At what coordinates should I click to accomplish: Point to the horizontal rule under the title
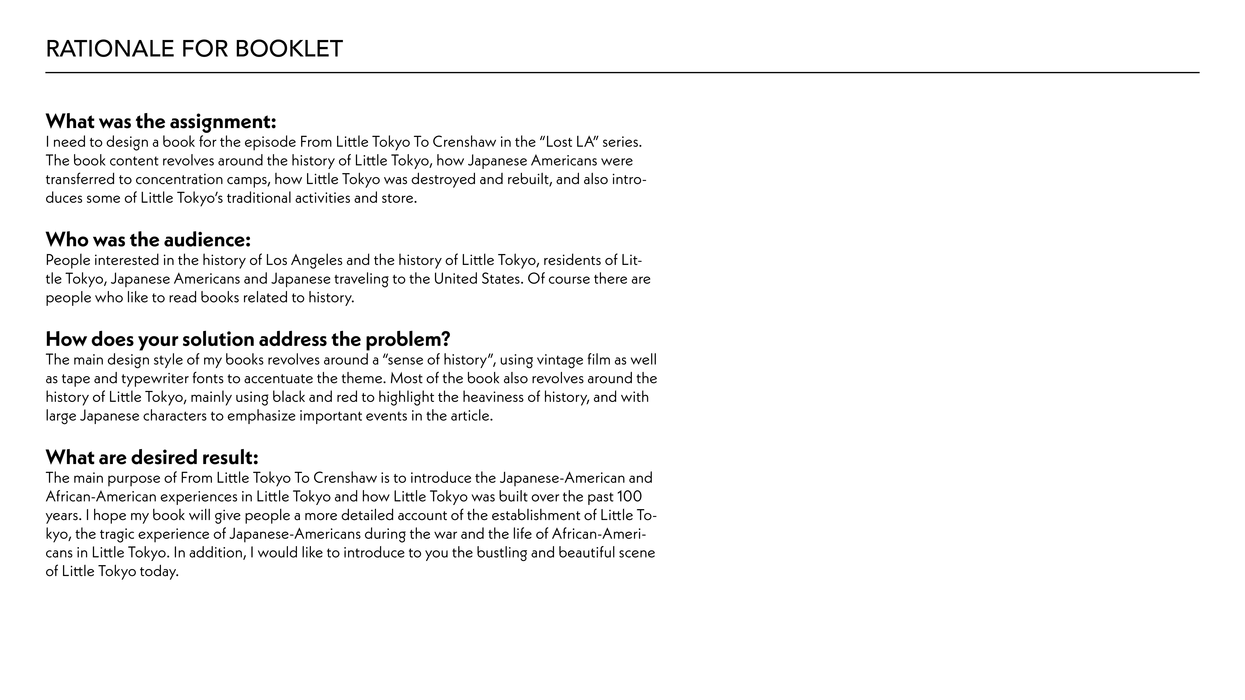click(622, 72)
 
